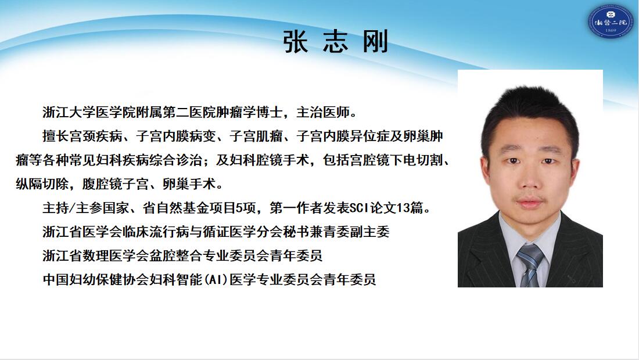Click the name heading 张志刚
[x=335, y=42]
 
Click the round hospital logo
[x=610, y=21]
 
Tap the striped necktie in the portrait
[x=530, y=265]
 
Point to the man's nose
[x=529, y=179]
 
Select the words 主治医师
[x=323, y=112]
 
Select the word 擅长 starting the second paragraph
[x=55, y=136]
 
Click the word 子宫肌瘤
[x=256, y=136]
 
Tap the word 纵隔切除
[x=42, y=184]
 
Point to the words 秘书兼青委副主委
[x=336, y=232]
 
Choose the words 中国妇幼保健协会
[x=95, y=280]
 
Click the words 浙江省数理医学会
[x=95, y=255]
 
